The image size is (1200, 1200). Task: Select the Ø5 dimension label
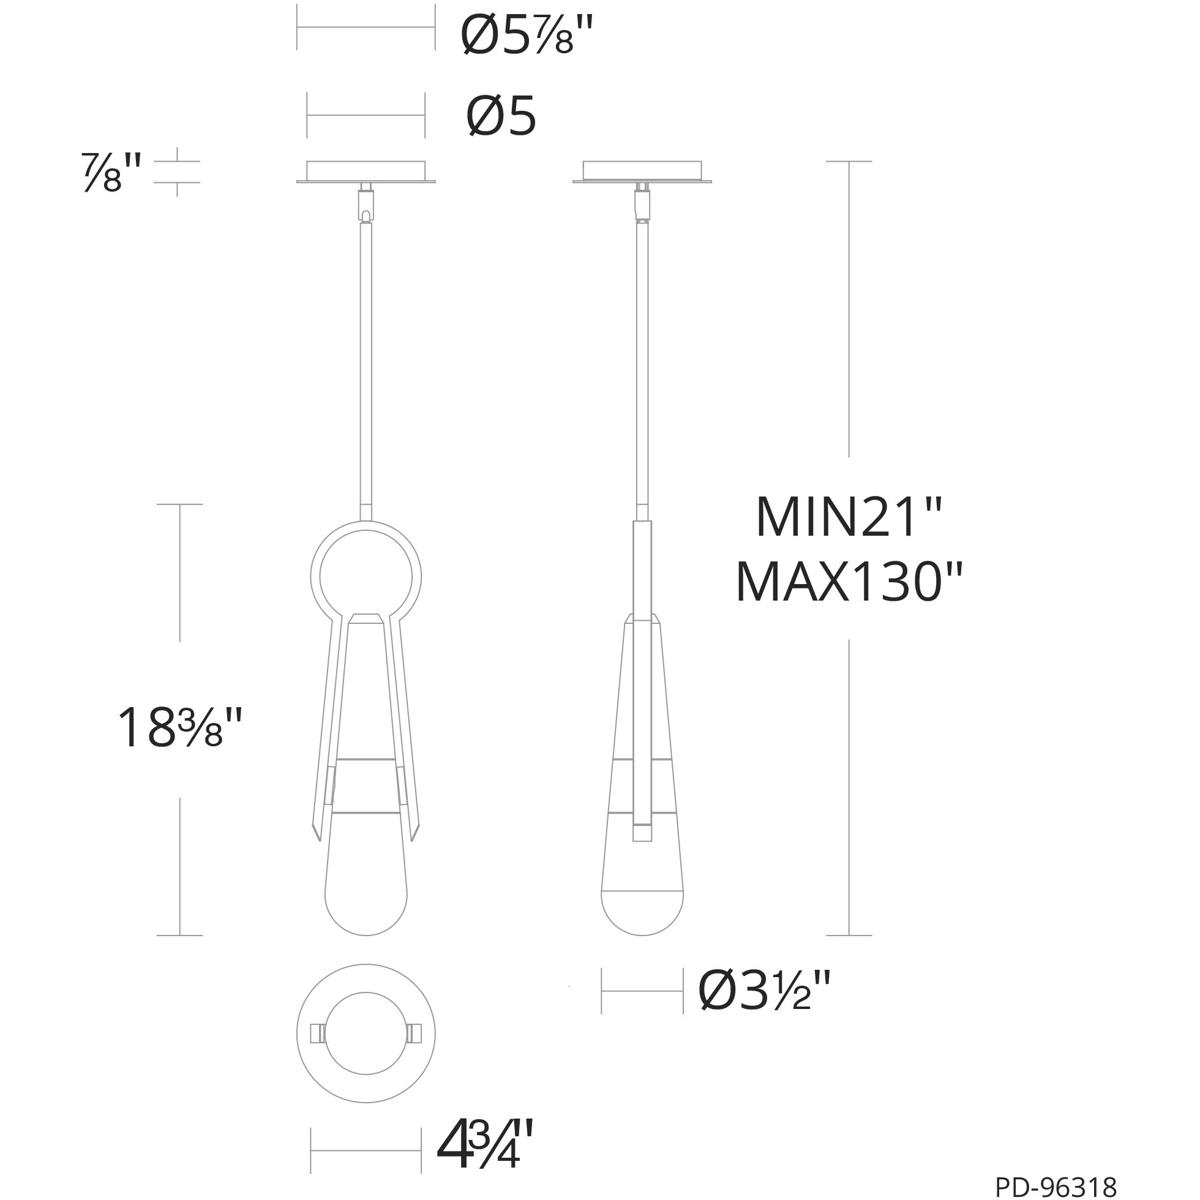tap(501, 116)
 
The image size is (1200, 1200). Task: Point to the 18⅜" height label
tap(179, 727)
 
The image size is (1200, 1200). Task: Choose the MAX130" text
tap(849, 581)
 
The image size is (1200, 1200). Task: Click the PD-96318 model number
tap(1055, 1185)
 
